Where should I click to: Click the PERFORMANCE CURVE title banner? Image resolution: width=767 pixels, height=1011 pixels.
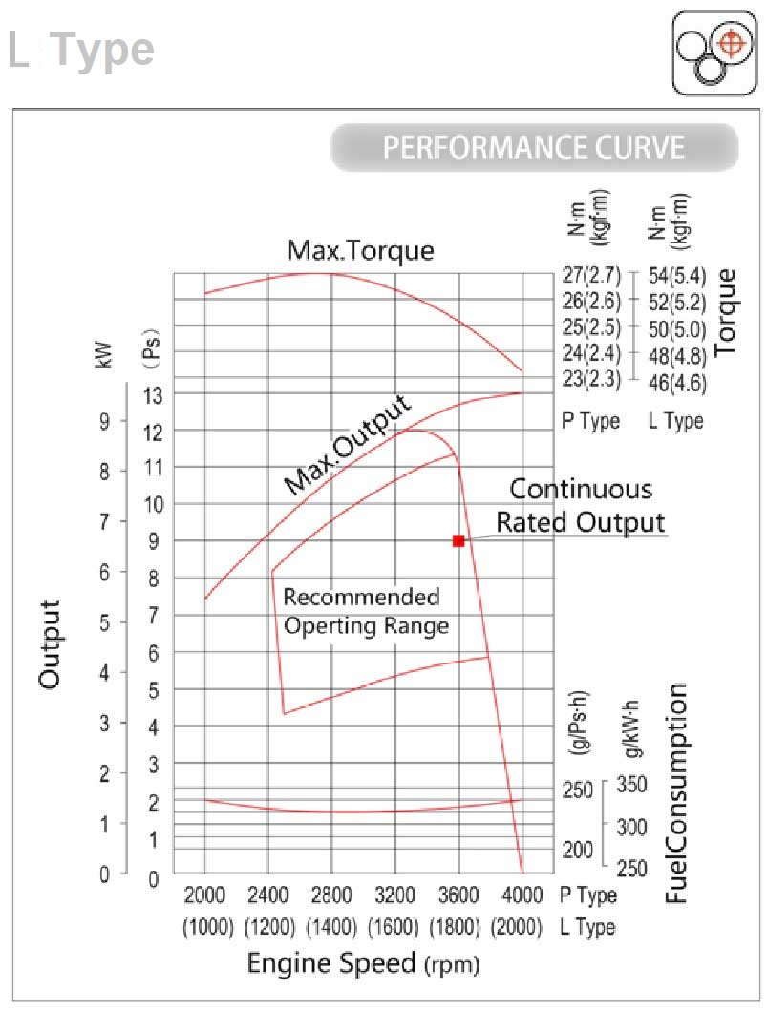tap(534, 148)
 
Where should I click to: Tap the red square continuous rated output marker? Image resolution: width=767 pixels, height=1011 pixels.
tap(458, 540)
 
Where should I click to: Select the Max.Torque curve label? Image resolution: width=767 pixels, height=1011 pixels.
tap(361, 251)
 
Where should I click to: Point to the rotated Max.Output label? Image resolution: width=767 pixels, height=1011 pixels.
tap(350, 446)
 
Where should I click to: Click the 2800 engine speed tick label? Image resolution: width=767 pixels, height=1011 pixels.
tap(331, 895)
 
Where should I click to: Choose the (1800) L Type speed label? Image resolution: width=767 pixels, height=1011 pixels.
tap(458, 927)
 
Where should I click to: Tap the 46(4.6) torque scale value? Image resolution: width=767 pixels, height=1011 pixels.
tap(677, 382)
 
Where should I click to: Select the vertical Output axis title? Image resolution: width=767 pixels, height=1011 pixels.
tap(50, 644)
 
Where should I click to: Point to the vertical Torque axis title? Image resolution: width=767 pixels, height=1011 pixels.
tap(727, 312)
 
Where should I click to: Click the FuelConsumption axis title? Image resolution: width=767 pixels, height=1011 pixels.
tap(677, 795)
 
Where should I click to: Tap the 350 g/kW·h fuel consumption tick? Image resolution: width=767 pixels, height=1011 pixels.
tap(632, 785)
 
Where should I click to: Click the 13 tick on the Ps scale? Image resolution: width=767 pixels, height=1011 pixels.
tap(152, 393)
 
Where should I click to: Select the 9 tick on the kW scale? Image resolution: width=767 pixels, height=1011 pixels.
tap(104, 422)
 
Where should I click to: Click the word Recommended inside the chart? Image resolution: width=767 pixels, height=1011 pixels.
tap(362, 598)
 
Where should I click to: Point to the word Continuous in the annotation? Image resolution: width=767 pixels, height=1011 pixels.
tap(581, 490)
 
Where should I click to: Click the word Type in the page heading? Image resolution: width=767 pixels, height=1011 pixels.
tap(101, 50)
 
